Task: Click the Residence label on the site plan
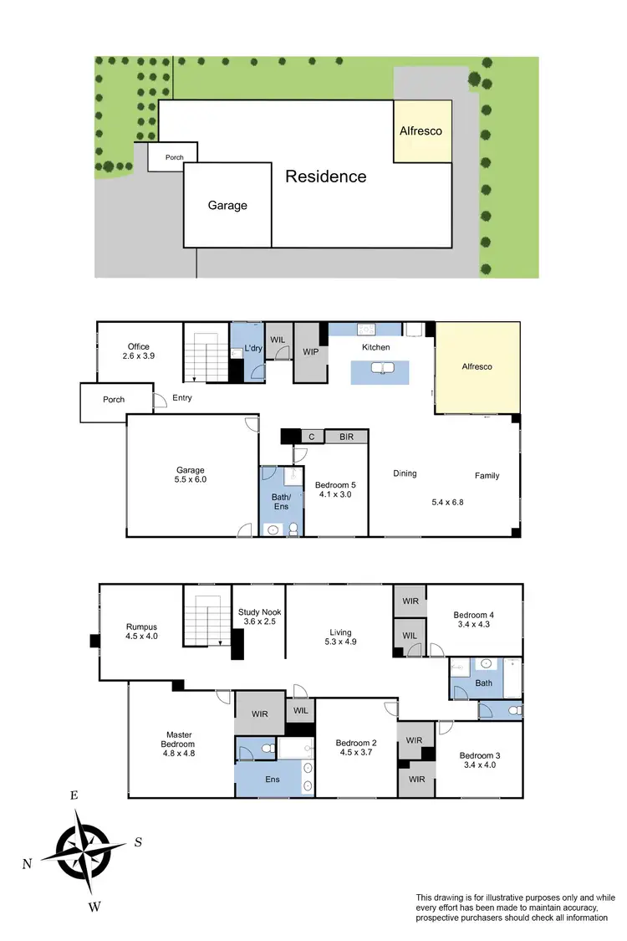[326, 176]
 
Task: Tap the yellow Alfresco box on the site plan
[422, 131]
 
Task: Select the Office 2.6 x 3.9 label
[139, 351]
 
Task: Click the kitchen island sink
[381, 368]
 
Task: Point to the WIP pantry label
[307, 352]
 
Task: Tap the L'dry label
[253, 347]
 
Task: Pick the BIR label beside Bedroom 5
[345, 437]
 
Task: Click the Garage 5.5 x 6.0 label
[191, 475]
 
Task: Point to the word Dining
[405, 473]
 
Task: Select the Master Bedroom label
[178, 739]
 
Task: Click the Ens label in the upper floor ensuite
[273, 777]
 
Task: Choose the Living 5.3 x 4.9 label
[340, 637]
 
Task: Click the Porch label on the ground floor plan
[114, 400]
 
